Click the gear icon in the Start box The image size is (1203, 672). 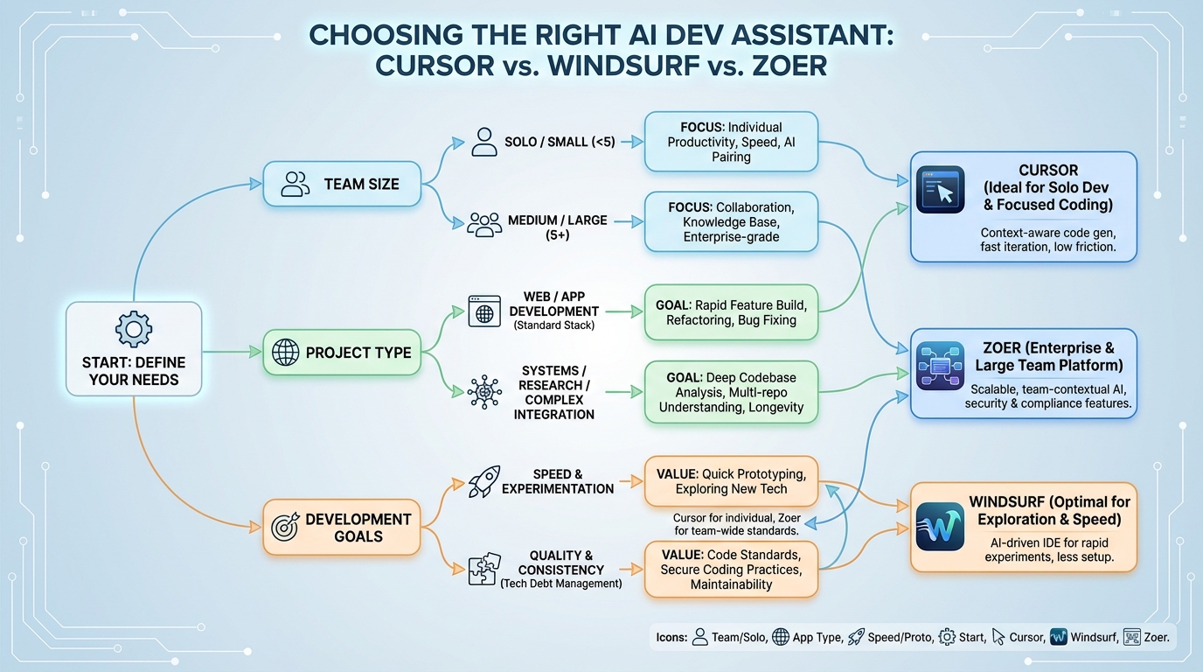(x=134, y=330)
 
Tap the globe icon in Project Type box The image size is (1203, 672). (x=285, y=353)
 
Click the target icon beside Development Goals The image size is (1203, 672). (x=285, y=528)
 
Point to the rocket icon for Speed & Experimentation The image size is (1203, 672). (x=484, y=480)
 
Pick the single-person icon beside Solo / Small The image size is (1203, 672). (x=483, y=142)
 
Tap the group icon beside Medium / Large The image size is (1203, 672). (x=483, y=224)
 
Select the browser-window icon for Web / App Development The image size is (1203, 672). (x=484, y=311)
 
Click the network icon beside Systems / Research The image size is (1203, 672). (x=484, y=392)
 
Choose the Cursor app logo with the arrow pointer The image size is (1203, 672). (x=941, y=190)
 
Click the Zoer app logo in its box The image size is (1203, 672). (x=941, y=366)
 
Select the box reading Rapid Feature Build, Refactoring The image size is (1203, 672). (x=732, y=312)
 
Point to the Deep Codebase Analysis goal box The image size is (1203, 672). (x=732, y=392)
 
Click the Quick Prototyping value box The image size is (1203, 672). (x=732, y=480)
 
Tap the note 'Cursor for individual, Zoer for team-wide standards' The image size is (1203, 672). (x=736, y=524)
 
